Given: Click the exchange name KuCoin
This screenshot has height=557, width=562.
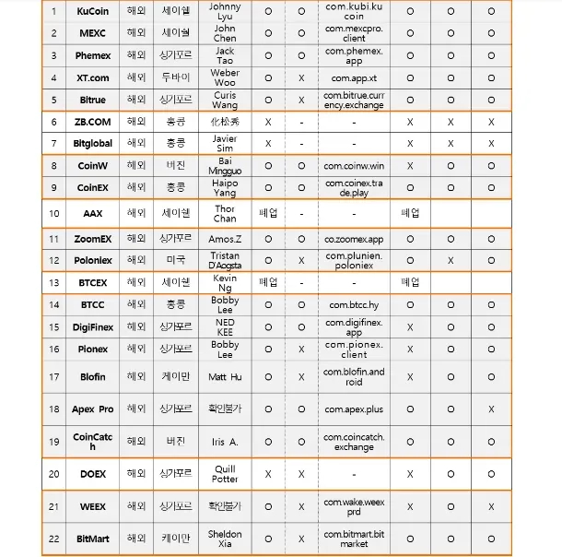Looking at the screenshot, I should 92,11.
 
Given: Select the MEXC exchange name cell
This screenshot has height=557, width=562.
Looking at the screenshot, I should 92,33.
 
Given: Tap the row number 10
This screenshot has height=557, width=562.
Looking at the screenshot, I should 53,214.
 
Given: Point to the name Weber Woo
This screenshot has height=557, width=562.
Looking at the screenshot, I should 225,77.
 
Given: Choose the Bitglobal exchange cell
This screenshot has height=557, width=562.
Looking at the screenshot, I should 92,143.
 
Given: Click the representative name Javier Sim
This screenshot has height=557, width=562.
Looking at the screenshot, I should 225,143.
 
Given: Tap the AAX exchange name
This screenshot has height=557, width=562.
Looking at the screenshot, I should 92,214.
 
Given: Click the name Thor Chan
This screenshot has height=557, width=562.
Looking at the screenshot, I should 225,214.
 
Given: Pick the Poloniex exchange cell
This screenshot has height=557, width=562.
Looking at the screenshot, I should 92,260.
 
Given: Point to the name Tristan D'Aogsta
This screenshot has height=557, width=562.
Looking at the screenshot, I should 225,260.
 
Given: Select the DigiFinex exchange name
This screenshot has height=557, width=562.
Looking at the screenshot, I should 92,326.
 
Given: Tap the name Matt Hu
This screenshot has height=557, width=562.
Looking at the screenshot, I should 225,376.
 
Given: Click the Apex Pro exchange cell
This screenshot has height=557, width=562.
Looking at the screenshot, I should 92,409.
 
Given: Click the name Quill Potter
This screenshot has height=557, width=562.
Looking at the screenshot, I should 225,474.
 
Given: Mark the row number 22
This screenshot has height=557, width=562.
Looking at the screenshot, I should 53,539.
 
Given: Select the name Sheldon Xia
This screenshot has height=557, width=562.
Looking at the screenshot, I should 225,539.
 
